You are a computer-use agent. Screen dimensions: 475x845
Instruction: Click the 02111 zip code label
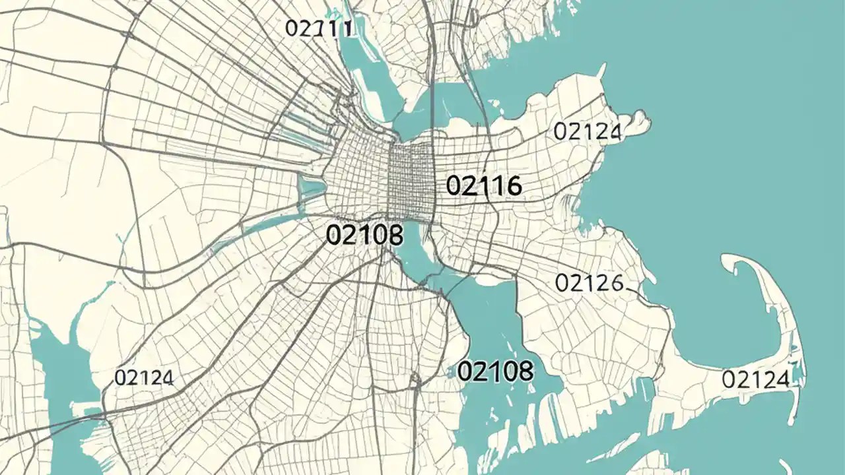point(320,28)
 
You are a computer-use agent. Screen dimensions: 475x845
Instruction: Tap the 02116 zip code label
point(484,186)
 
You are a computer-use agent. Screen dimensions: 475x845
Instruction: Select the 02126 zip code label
point(589,283)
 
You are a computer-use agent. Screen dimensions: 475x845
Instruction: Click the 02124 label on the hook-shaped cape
point(755,379)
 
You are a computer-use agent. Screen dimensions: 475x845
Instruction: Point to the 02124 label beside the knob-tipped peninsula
point(587,132)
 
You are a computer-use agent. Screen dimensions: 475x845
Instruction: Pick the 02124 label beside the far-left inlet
point(144,378)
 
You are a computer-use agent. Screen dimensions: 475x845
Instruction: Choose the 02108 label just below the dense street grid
point(364,235)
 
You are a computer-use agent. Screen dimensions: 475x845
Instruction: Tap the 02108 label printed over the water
point(495,371)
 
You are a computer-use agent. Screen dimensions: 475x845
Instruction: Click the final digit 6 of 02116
point(513,187)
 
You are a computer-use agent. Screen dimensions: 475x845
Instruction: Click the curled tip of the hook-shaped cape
point(729,263)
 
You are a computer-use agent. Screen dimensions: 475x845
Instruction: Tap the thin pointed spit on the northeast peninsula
point(601,70)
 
